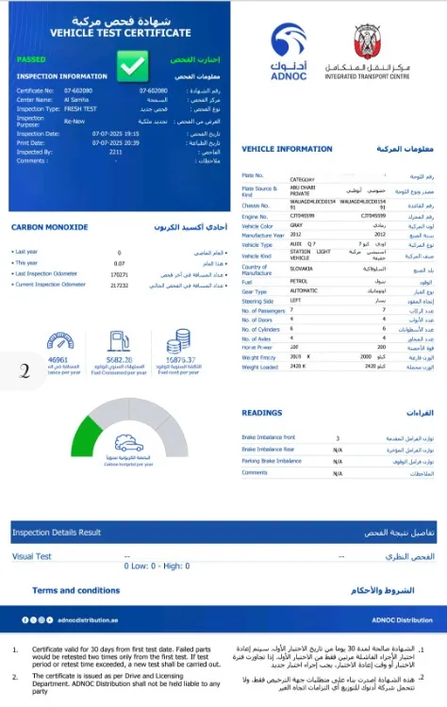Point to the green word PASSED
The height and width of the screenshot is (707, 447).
31,58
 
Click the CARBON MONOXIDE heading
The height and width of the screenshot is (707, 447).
48,226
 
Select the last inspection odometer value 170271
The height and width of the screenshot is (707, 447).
119,274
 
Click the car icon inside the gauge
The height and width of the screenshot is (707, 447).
129,443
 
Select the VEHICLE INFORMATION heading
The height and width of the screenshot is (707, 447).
287,149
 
